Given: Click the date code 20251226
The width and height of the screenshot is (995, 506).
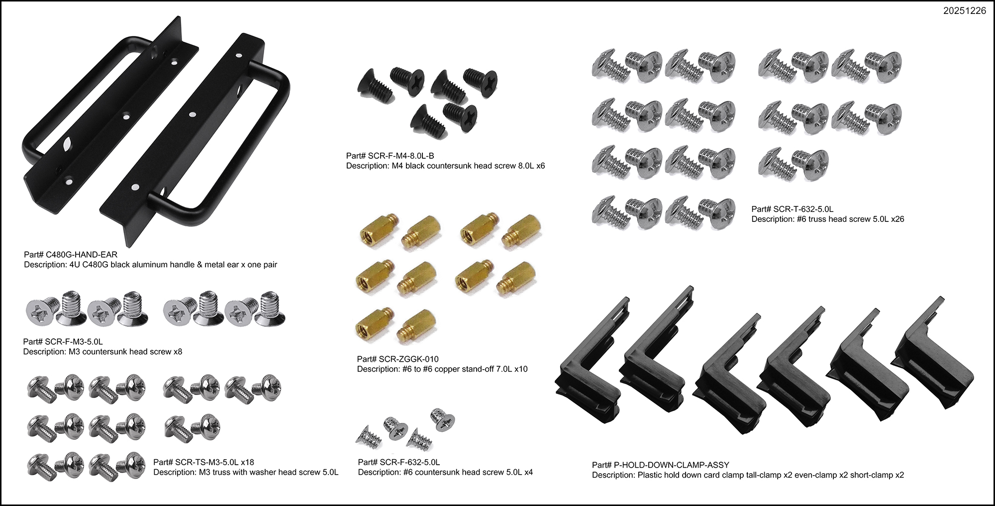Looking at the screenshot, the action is pyautogui.click(x=964, y=11).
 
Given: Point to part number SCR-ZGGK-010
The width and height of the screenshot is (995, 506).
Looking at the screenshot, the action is pyautogui.click(x=409, y=359).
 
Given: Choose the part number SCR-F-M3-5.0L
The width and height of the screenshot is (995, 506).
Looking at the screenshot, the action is pyautogui.click(x=74, y=342).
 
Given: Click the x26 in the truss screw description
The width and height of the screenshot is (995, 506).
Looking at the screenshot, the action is pyautogui.click(x=897, y=219).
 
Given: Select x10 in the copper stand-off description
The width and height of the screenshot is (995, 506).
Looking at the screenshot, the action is pyautogui.click(x=520, y=369).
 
